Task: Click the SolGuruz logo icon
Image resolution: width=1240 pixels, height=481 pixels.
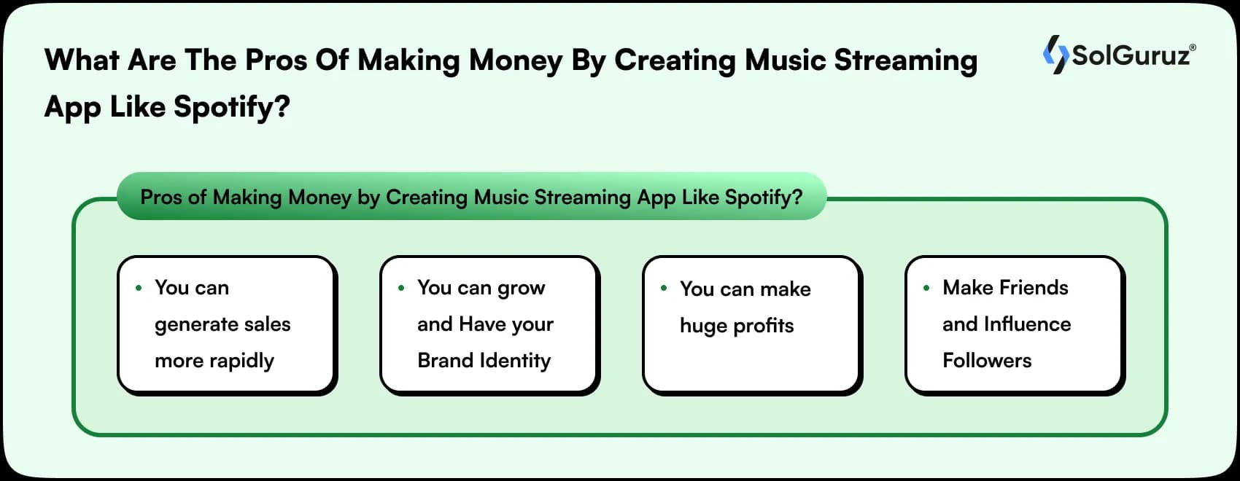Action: [x=1055, y=55]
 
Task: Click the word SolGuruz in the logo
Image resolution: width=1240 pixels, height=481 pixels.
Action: [x=1131, y=55]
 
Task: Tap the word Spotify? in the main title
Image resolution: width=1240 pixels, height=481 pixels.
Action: [x=232, y=107]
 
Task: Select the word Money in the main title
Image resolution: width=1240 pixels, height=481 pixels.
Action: [x=515, y=60]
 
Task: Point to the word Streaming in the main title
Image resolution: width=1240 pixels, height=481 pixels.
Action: [x=905, y=60]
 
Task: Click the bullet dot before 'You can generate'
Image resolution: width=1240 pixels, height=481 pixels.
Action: [x=139, y=288]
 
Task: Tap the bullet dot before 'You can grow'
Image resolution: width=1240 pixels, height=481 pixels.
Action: [x=401, y=288]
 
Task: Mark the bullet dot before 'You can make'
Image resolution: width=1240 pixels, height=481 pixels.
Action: [x=664, y=289]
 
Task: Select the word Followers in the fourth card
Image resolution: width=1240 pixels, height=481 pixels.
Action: [x=987, y=360]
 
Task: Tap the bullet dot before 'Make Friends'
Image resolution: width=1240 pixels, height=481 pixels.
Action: [x=926, y=288]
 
